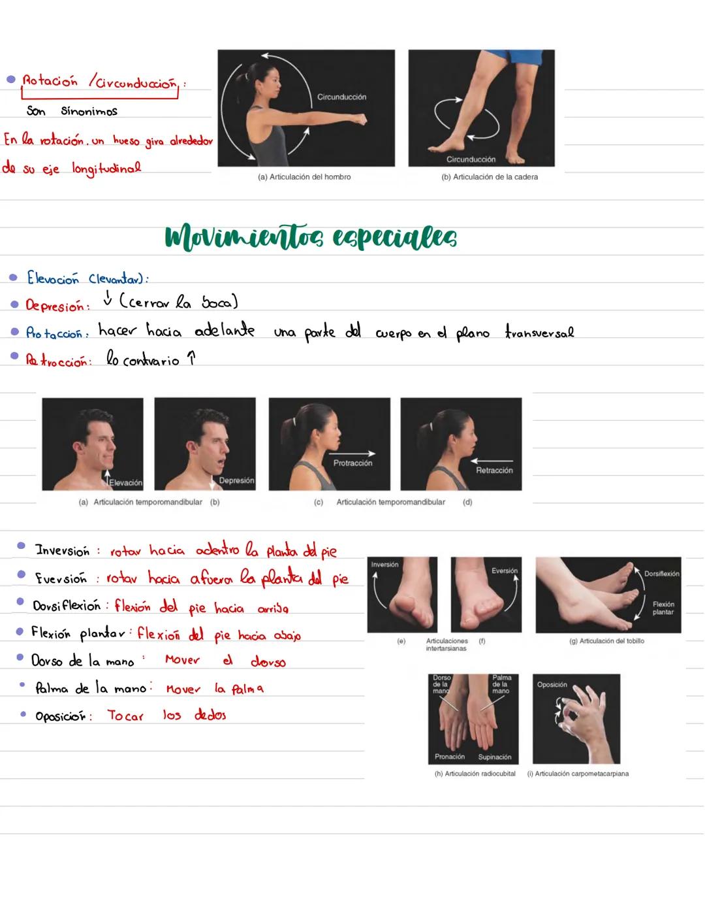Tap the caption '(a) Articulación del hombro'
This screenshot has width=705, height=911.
[x=304, y=177]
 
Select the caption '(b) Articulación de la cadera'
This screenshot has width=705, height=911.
[x=490, y=177]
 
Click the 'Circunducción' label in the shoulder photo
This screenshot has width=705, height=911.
[x=341, y=97]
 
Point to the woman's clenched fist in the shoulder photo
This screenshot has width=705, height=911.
[x=359, y=121]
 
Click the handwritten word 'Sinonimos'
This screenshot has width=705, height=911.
[x=89, y=111]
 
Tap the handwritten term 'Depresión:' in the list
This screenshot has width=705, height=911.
[x=57, y=306]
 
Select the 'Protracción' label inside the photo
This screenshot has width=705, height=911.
[x=352, y=463]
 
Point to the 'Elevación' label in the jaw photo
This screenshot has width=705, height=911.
[x=125, y=483]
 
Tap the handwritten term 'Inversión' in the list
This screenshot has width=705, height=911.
[x=62, y=550]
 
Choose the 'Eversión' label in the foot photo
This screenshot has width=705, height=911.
[x=504, y=571]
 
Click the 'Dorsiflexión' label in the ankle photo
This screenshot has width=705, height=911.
[x=661, y=574]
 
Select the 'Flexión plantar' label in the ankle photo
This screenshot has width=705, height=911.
[x=663, y=608]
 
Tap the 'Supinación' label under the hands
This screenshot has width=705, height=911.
[x=494, y=757]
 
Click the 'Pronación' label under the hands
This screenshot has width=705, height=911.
[x=450, y=757]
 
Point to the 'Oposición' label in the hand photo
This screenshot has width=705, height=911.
[x=552, y=685]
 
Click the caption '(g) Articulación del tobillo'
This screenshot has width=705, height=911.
[x=606, y=641]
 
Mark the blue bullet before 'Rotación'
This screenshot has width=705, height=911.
[x=10, y=79]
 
